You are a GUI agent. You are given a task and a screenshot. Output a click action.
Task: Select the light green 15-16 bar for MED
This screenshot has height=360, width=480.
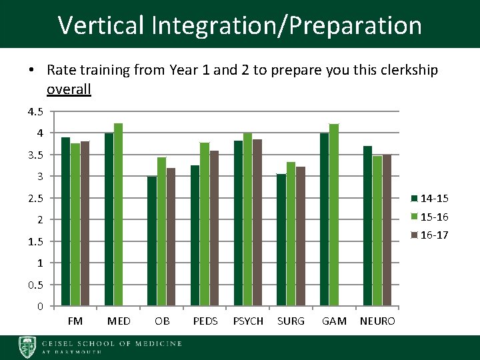pos(118,215)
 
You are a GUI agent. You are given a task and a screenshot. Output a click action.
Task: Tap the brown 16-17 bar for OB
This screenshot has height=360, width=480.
pos(171,237)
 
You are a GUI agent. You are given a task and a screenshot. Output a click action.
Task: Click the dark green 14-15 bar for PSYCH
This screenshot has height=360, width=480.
pos(238,223)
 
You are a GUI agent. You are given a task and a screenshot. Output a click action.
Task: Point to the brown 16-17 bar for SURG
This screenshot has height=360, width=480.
pos(300,236)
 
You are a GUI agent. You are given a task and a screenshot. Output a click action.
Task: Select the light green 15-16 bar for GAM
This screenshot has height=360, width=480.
pos(334,215)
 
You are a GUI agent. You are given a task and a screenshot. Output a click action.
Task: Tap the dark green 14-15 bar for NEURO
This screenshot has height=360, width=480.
pos(367,225)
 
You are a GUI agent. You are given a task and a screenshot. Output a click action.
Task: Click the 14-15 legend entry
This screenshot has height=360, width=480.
pos(429,198)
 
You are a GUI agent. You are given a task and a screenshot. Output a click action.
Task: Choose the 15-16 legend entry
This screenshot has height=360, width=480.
pos(429,217)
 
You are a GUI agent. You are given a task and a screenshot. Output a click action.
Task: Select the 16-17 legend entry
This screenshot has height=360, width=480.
pos(429,235)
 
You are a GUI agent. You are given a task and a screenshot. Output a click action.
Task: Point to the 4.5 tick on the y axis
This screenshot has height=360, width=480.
pos(35,111)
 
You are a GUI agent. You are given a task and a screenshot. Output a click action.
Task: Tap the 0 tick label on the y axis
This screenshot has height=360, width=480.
pos(40,307)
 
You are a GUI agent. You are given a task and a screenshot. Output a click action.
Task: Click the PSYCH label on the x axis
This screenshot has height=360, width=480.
pos(247,321)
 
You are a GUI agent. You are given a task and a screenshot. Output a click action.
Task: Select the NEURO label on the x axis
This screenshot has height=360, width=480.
pos(377,321)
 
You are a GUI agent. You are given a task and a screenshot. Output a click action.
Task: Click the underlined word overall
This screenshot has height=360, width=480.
pos(69,89)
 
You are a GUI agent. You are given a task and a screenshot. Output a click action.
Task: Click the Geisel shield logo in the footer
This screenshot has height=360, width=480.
pos(28,347)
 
